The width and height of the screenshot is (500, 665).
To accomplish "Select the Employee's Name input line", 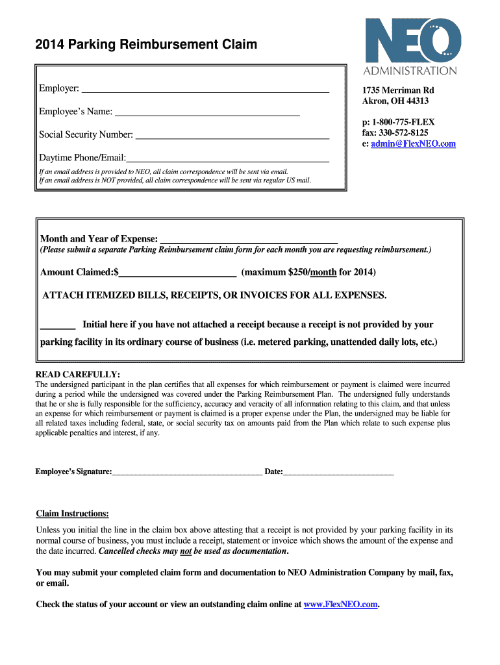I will [x=207, y=113].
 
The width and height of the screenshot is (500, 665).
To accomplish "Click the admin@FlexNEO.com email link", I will [x=413, y=144].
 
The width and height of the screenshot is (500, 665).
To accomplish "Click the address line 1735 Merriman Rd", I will [x=398, y=90].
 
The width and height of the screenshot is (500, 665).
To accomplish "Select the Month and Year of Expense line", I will [x=249, y=240].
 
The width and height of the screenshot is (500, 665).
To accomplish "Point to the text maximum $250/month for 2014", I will [x=308, y=272].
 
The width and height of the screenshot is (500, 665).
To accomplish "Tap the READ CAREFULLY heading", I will [x=77, y=375].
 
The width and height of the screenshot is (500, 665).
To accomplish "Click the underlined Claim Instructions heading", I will [x=72, y=514].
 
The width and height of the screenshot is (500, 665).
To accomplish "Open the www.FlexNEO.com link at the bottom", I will [x=340, y=605].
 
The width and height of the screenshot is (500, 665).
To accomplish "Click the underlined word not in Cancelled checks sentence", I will [x=186, y=551].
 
